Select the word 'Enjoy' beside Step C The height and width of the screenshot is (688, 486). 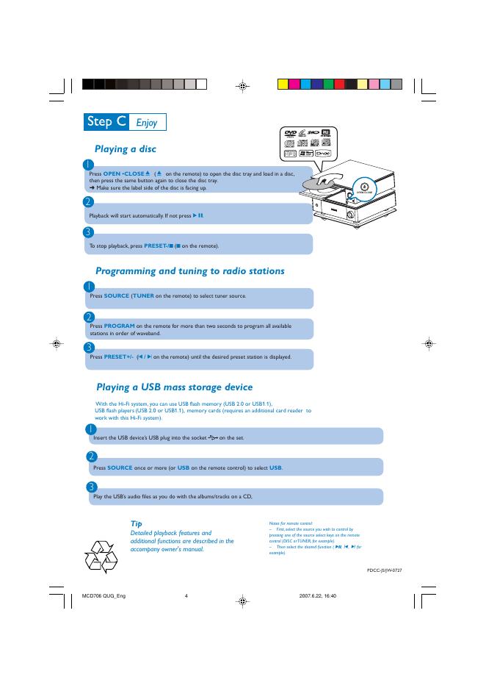147,122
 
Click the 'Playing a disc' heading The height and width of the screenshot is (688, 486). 126,149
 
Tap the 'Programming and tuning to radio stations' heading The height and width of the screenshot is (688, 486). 189,271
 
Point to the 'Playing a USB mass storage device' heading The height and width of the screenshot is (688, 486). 174,387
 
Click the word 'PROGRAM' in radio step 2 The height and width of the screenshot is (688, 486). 119,325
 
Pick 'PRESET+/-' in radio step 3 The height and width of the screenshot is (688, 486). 118,356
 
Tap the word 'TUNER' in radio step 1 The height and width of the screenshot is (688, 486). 142,295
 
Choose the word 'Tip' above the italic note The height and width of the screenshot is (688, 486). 136,523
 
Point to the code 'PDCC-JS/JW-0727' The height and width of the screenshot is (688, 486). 384,570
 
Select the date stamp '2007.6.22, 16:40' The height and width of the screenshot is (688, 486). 318,595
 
